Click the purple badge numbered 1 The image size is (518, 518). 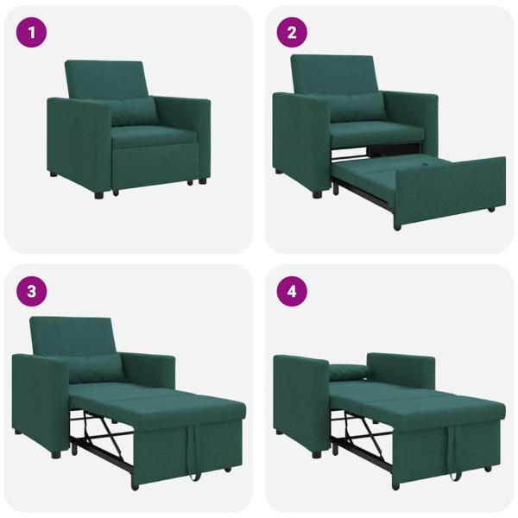point(32,34)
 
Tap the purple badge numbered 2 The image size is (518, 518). point(292,34)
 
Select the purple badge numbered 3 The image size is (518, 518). point(32,291)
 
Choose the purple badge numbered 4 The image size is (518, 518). point(292,291)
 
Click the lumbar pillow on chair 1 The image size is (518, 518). point(133,111)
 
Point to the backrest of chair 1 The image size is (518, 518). point(105,79)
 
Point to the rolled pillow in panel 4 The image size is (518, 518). point(348,372)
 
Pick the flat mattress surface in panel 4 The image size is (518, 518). point(414,397)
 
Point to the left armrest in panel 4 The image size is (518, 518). point(300,397)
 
